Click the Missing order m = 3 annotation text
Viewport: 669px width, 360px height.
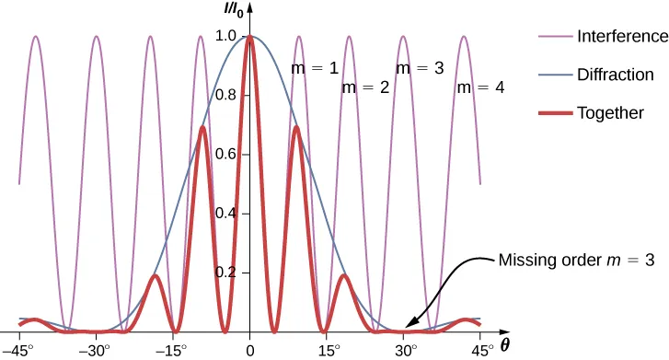576,261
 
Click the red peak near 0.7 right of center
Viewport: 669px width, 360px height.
296,128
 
